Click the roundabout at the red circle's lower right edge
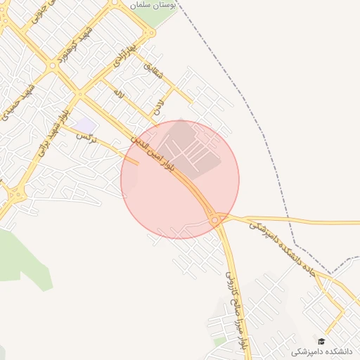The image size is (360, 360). point(214,220)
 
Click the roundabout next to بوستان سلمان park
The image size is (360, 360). point(150,32)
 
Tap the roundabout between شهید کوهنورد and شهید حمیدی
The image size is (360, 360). point(52,65)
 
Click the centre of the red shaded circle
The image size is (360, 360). point(180,179)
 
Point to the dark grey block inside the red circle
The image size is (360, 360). point(194,148)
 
